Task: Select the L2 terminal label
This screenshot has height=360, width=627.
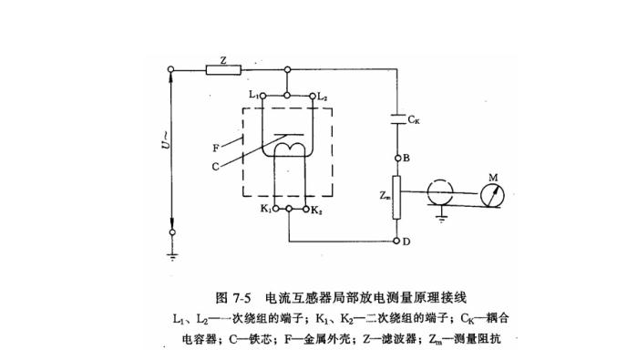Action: coord(323,94)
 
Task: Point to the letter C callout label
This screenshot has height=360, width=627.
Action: coord(216,165)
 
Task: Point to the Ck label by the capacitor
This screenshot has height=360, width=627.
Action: coord(415,119)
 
